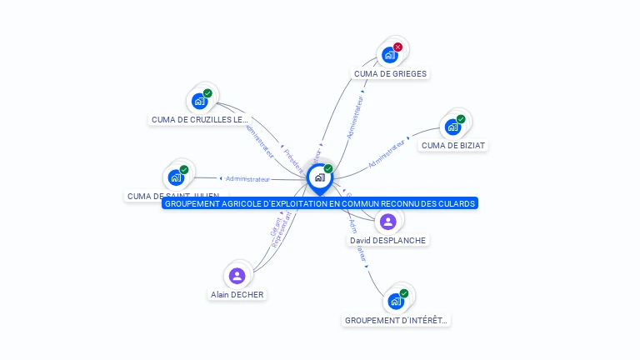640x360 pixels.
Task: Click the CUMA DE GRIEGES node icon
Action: pyautogui.click(x=389, y=55)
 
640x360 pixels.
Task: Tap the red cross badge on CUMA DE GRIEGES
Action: pyautogui.click(x=398, y=47)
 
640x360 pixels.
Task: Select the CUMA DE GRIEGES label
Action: pyautogui.click(x=390, y=73)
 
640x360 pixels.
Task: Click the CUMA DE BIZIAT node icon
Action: pyautogui.click(x=452, y=127)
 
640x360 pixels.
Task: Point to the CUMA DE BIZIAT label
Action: pyautogui.click(x=453, y=145)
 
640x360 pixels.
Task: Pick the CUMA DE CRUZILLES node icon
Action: pyautogui.click(x=199, y=102)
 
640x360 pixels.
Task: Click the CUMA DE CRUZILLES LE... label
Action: pyautogui.click(x=200, y=119)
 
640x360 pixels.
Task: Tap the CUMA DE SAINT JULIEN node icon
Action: pyautogui.click(x=176, y=177)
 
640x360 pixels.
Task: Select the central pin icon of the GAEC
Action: pyautogui.click(x=319, y=177)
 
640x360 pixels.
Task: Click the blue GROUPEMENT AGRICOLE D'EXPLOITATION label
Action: pyautogui.click(x=320, y=203)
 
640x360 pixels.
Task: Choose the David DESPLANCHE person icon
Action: pyautogui.click(x=387, y=222)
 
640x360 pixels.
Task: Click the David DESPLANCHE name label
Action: pyautogui.click(x=387, y=240)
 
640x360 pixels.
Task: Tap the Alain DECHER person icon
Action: pyautogui.click(x=237, y=276)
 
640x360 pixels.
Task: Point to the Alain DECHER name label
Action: pyautogui.click(x=237, y=294)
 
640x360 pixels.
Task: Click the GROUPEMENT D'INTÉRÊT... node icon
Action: pyautogui.click(x=396, y=301)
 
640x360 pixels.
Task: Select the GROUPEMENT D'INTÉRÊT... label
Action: pyautogui.click(x=396, y=320)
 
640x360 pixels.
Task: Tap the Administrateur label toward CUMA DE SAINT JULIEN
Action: pyautogui.click(x=247, y=178)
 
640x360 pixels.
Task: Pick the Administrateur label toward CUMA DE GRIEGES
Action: pyautogui.click(x=356, y=117)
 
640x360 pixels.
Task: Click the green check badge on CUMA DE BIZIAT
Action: pyautogui.click(x=461, y=119)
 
